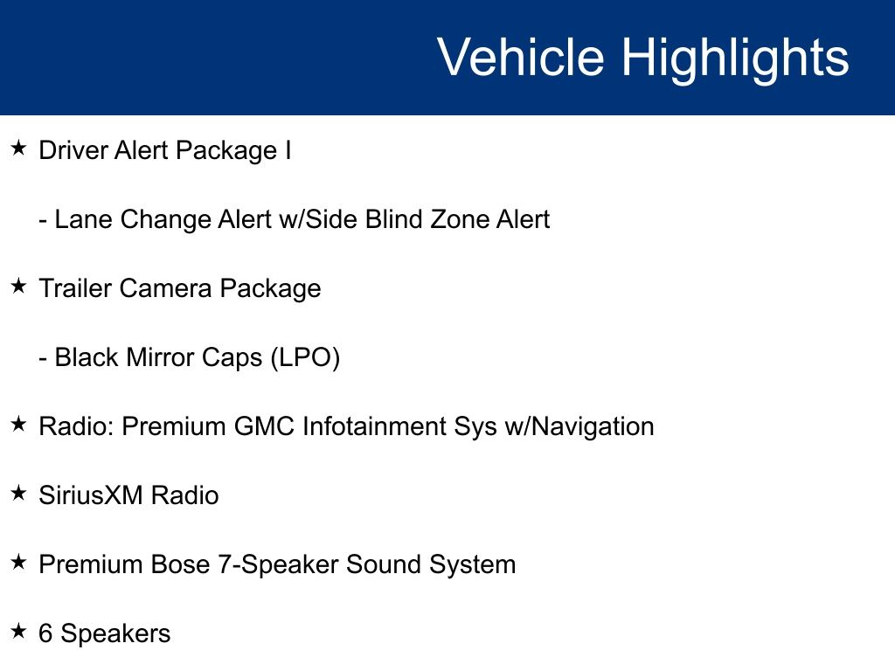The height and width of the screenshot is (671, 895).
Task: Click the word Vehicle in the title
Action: click(x=521, y=57)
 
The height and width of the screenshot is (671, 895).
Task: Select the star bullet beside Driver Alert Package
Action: click(x=18, y=149)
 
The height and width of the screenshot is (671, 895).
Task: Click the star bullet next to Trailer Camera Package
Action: click(x=18, y=286)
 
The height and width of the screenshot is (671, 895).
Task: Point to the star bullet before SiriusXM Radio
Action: click(x=18, y=493)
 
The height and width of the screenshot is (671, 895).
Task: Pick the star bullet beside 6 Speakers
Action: click(x=18, y=631)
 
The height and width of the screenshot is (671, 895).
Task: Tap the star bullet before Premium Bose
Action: click(x=18, y=562)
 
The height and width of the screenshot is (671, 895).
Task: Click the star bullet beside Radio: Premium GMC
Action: click(x=18, y=424)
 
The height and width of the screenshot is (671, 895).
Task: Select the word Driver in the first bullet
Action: click(x=73, y=150)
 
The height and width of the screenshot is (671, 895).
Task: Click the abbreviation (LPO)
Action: click(x=305, y=358)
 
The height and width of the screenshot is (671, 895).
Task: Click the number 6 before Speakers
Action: click(x=45, y=634)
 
